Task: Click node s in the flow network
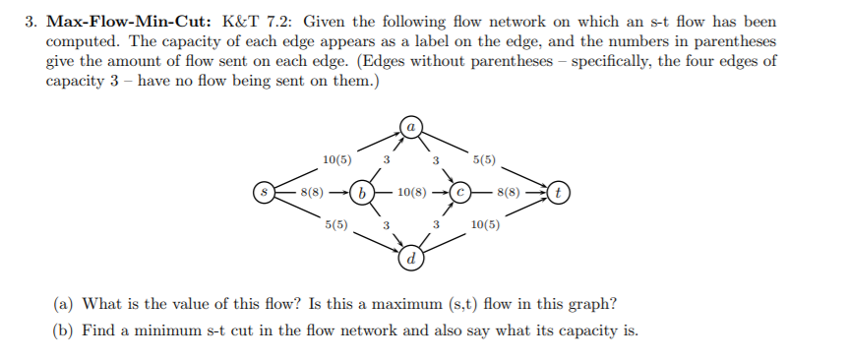coord(262,192)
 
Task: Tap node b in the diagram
coord(362,192)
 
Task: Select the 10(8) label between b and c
coord(412,192)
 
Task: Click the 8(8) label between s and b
coord(314,192)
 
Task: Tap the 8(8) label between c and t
coord(512,192)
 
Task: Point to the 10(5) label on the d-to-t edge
coord(485,225)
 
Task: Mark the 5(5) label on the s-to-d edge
coord(336,225)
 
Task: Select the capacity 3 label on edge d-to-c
coord(436,225)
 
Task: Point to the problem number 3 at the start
coord(30,21)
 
